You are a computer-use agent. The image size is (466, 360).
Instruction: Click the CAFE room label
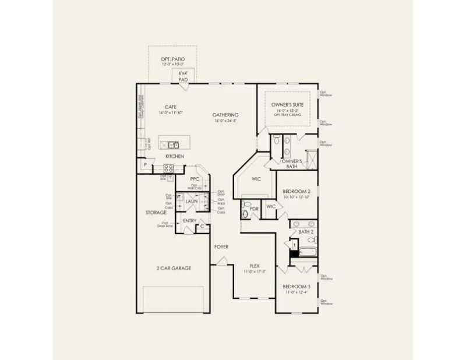click(x=171, y=107)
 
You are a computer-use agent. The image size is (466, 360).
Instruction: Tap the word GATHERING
click(x=225, y=115)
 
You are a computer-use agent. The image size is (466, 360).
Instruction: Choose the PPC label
click(x=195, y=179)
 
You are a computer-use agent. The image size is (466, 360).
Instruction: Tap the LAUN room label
click(x=192, y=201)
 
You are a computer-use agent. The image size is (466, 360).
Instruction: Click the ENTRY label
click(x=189, y=221)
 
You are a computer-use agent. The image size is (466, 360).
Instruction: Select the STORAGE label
click(x=156, y=213)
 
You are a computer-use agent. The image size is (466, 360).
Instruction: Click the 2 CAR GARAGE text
click(x=174, y=268)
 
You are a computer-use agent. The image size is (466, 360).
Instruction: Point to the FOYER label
click(x=221, y=247)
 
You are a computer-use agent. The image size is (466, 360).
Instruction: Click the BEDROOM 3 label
click(x=296, y=287)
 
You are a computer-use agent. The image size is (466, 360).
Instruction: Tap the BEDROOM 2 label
click(x=296, y=192)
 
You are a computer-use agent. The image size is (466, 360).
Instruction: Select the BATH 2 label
click(x=306, y=232)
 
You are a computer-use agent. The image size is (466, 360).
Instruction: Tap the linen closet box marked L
click(x=294, y=245)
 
